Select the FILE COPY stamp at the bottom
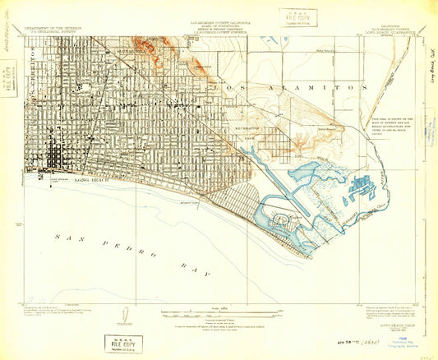pyautogui.click(x=123, y=343)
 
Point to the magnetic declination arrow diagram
pyautogui.click(x=123, y=315)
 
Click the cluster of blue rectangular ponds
pyautogui.click(x=359, y=187)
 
